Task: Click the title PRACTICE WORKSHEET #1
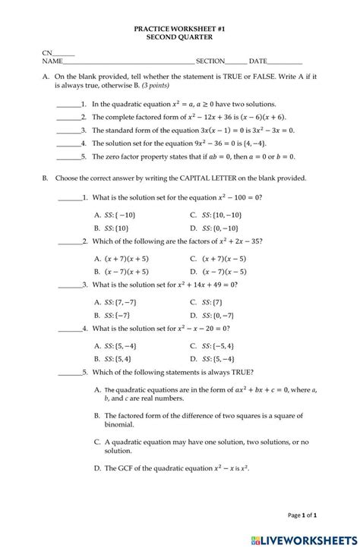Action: coord(180,27)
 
